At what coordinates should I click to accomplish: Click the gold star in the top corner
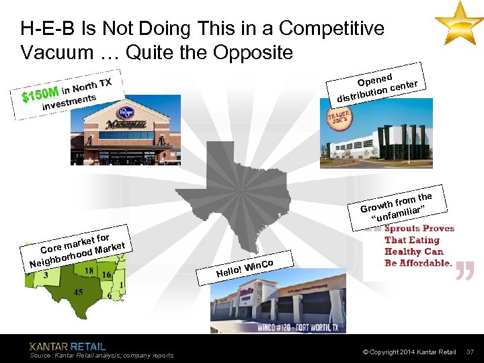[x=458, y=22]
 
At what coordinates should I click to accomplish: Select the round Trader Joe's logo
[x=340, y=117]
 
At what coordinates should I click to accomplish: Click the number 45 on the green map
[x=79, y=292]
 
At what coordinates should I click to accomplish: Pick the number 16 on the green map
[x=106, y=274]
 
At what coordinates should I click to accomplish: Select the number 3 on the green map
[x=46, y=275]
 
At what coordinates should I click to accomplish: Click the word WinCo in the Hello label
[x=259, y=265]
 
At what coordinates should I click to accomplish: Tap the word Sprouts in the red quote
[x=403, y=229]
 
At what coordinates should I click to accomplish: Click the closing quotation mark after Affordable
[x=465, y=269]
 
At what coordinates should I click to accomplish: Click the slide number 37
[x=470, y=352]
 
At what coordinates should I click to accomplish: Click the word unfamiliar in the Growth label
[x=401, y=213]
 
